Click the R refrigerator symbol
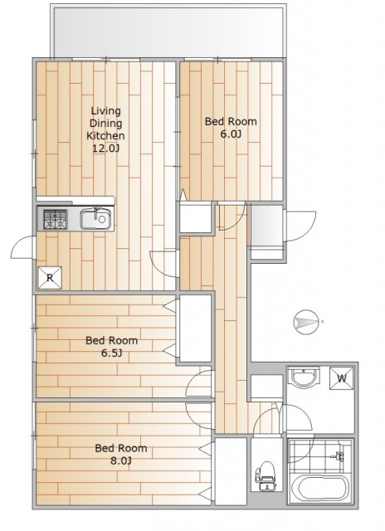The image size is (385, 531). [50, 278]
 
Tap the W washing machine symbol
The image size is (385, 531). [341, 378]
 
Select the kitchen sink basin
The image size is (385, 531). [95, 219]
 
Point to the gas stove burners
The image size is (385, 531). [55, 219]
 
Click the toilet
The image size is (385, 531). [267, 475]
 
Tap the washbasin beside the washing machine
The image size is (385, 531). [305, 378]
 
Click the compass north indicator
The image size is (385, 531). [306, 321]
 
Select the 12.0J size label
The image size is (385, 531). [106, 149]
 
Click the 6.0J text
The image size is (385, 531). [231, 134]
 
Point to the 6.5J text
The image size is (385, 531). [111, 353]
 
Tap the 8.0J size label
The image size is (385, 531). [120, 461]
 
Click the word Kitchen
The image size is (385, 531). [105, 136]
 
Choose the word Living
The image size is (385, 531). [105, 111]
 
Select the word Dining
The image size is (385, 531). [105, 124]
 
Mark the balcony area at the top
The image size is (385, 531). [168, 32]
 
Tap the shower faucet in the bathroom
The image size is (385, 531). [339, 455]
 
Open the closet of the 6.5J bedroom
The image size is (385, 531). [195, 329]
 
